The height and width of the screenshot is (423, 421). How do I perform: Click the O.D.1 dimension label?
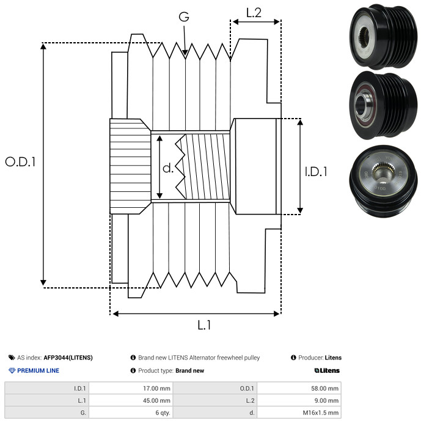point(21,162)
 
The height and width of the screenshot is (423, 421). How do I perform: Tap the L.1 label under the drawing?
point(204,325)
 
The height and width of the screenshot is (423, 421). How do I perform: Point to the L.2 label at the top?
point(254,13)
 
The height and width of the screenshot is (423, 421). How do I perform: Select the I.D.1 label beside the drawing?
point(316,172)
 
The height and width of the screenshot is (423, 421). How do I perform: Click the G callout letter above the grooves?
point(184,17)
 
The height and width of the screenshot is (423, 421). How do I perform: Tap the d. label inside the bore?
point(168,168)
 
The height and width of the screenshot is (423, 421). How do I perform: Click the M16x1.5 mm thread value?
point(319,413)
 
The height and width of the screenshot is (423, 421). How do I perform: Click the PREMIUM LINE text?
point(38,370)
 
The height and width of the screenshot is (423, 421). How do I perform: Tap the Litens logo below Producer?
point(327,370)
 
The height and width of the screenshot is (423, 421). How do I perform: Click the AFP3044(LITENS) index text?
point(68,358)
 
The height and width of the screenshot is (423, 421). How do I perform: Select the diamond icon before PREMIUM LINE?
point(12,370)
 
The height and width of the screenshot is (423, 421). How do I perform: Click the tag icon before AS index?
point(12,358)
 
